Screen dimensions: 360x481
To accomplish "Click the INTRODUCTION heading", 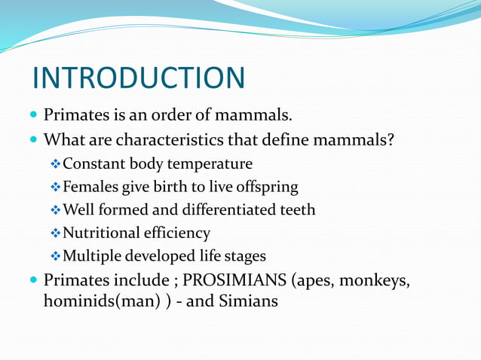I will coord(139,78).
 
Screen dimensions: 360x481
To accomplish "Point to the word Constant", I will coord(95,163).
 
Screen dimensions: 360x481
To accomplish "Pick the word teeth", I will coord(297,210).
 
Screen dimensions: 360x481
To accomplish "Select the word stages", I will coord(245,257).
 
